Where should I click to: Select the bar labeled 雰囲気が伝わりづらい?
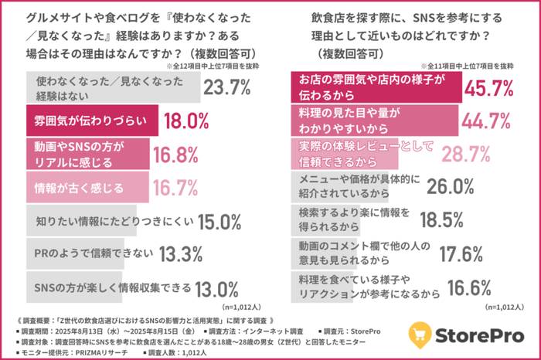(93, 121)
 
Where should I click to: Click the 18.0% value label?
(185, 121)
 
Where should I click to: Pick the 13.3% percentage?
(181, 253)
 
